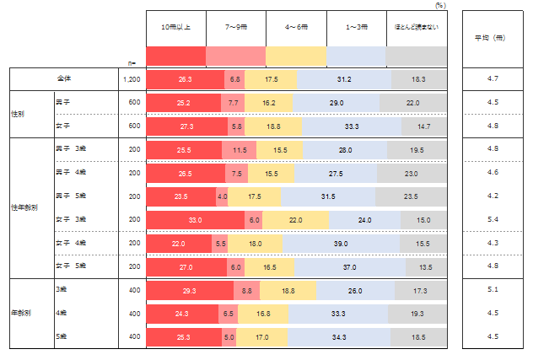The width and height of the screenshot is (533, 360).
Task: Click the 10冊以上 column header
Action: pos(175,28)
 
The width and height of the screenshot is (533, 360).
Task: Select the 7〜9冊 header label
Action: pos(235,28)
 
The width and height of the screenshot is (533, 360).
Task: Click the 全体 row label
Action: pos(64,78)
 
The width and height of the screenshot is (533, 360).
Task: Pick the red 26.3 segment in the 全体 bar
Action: pos(186,78)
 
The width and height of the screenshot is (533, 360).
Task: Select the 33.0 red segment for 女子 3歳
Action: pos(195,220)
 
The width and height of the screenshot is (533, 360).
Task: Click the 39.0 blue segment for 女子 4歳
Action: pos(342,244)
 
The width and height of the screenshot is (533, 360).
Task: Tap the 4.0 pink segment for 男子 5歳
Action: pos(223,196)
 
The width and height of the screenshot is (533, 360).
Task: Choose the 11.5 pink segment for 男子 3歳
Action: pos(240,149)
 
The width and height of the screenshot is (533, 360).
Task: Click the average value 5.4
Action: pos(494,220)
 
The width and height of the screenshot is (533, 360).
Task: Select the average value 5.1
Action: pos(494,290)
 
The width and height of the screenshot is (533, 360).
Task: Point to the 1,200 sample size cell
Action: pos(132,78)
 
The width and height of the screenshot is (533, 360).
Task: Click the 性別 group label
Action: pos(18,115)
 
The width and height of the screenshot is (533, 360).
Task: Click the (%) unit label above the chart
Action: pos(440,5)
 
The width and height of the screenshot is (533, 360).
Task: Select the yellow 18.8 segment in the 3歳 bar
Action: pos(288,290)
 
